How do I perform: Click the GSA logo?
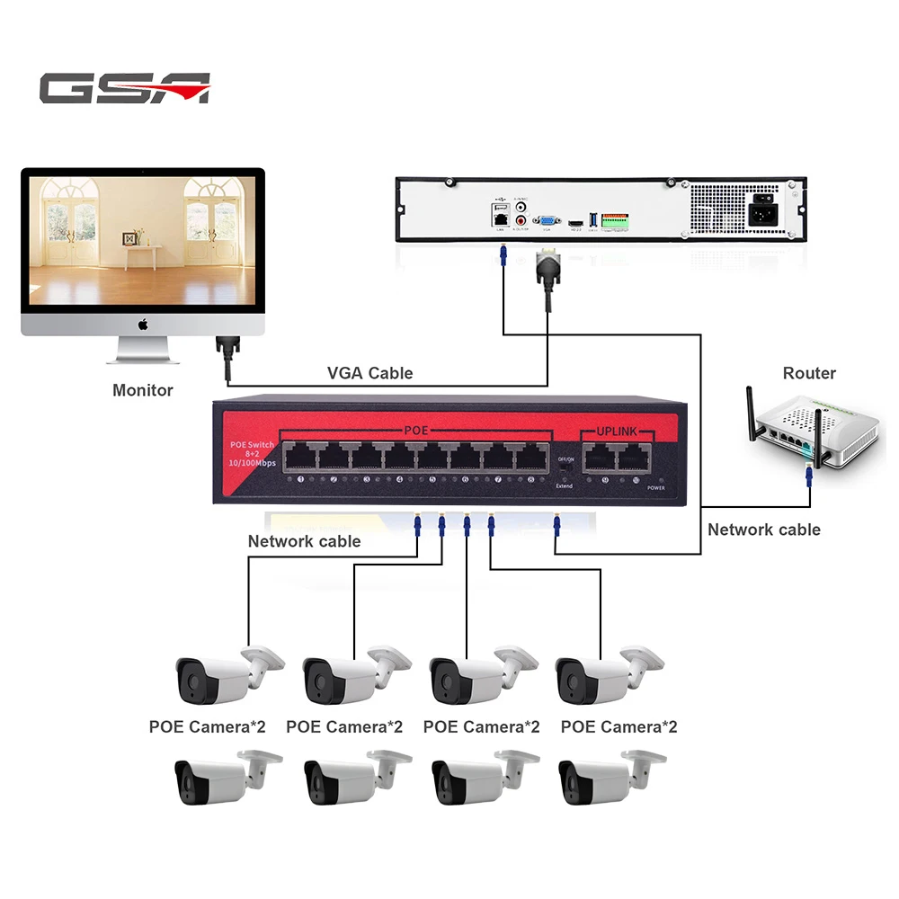[x=124, y=88]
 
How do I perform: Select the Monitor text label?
[x=142, y=390]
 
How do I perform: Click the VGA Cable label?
[x=369, y=372]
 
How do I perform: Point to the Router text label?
[x=809, y=373]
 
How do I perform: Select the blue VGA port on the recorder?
[x=545, y=220]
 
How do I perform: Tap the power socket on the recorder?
[x=763, y=212]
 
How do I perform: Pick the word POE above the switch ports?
[x=415, y=431]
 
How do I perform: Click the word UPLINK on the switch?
[x=616, y=432]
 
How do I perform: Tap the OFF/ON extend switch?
[x=565, y=471]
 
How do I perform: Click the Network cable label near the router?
[x=763, y=530]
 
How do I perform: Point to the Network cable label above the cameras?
[x=304, y=541]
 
